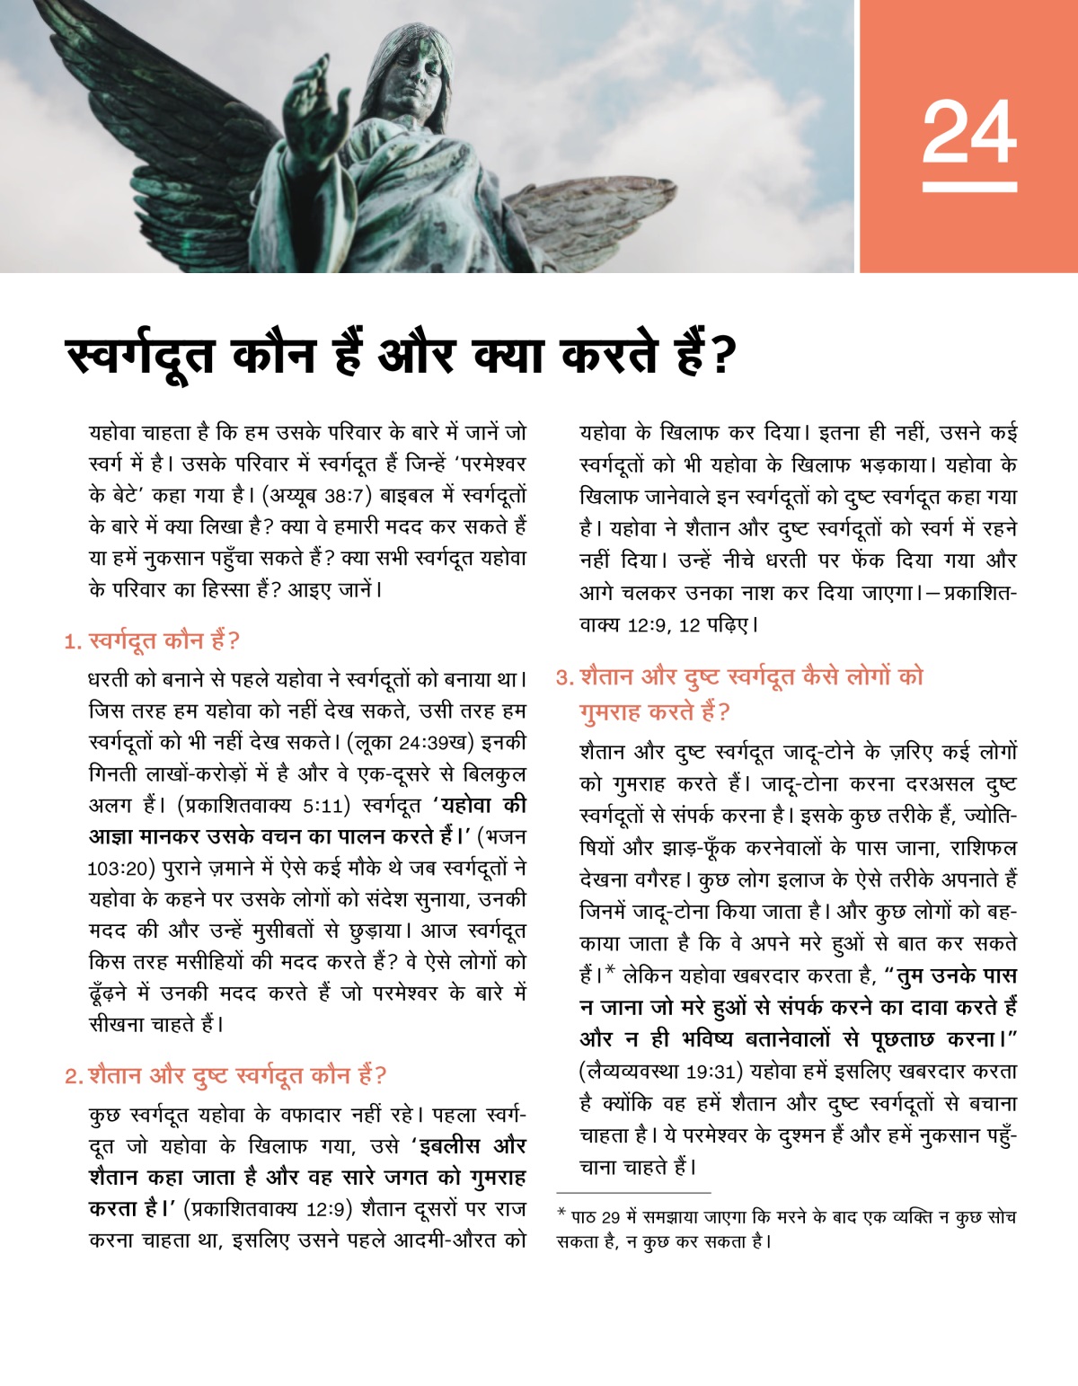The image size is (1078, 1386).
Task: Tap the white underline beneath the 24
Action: (969, 187)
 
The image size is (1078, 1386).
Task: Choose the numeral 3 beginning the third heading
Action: (563, 677)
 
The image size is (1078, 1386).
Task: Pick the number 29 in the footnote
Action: (610, 1218)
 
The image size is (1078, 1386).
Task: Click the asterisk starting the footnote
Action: (561, 1215)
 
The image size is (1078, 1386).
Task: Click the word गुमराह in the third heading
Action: (611, 712)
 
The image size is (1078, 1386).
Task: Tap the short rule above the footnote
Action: (633, 1193)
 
